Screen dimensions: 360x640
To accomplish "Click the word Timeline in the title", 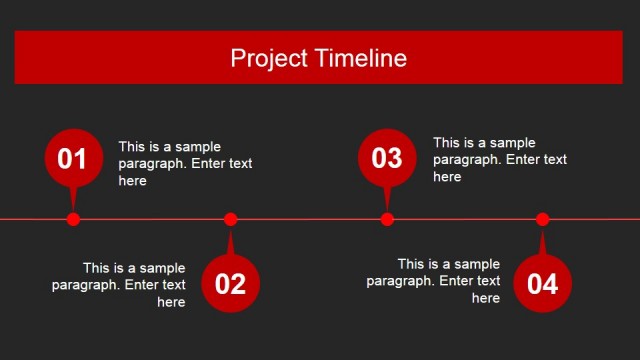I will (x=358, y=58).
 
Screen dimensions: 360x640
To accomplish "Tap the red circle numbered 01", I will (x=73, y=158).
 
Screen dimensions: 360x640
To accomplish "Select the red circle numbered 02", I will (x=230, y=283).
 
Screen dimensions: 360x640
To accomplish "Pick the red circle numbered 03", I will (x=387, y=158).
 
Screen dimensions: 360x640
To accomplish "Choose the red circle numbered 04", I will (x=543, y=283).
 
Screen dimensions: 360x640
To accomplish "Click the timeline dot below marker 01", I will (x=73, y=219).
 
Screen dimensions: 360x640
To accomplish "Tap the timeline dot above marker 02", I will (x=230, y=219).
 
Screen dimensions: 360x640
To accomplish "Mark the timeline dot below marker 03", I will (x=387, y=219).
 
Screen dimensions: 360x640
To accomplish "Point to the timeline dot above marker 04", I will (x=543, y=219).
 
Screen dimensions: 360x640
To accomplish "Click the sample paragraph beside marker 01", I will (x=185, y=163).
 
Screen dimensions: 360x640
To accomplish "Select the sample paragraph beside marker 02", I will (x=119, y=285).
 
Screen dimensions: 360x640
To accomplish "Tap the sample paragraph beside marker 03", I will (x=499, y=159).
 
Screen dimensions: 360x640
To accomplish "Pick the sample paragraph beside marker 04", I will (x=433, y=281).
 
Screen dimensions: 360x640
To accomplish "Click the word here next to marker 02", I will (x=171, y=302).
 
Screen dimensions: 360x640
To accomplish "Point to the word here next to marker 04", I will (x=486, y=298).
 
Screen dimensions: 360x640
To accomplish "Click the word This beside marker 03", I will (x=447, y=142).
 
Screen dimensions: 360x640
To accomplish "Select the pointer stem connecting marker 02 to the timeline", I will (x=230, y=242).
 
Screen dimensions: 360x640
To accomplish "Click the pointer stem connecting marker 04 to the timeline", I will (x=543, y=242).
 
